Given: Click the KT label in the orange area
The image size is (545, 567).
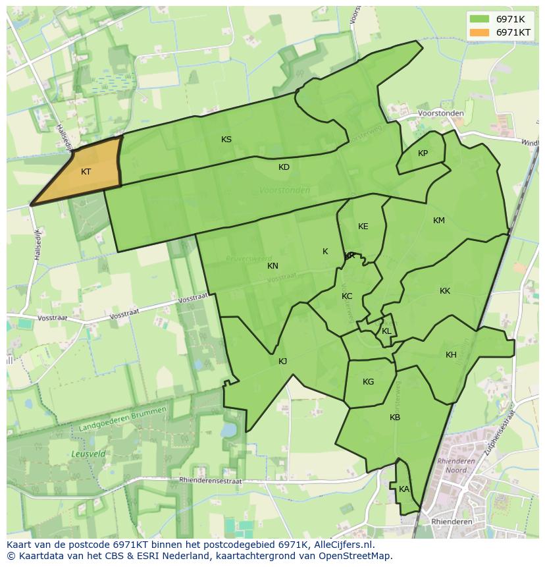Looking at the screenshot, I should pos(86,172).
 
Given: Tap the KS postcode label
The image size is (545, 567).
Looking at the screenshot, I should pos(226,140).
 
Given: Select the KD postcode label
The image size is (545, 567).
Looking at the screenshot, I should pos(284,167).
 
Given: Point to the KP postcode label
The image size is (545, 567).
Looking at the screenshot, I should pos(423,153).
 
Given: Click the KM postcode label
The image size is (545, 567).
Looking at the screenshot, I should pos(439,221).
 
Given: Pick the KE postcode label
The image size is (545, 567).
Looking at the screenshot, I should pos(363,227).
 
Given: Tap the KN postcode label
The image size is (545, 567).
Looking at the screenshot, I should pos(272,266).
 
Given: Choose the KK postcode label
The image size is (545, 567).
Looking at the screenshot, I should pos(445,291).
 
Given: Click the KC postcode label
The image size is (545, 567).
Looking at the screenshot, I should pos(347,296).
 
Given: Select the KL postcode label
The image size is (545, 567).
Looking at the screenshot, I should pos(386,331).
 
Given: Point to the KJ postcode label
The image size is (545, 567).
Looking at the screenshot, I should pos(282,362).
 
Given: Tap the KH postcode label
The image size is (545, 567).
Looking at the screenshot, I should pos(451,355).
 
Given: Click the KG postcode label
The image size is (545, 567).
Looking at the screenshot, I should pos(368,382).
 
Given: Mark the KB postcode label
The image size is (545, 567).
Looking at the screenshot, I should pos(395,418).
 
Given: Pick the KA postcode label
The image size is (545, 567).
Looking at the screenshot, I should pos(403,489).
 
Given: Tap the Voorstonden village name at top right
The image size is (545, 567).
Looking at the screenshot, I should pos(441,113).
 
